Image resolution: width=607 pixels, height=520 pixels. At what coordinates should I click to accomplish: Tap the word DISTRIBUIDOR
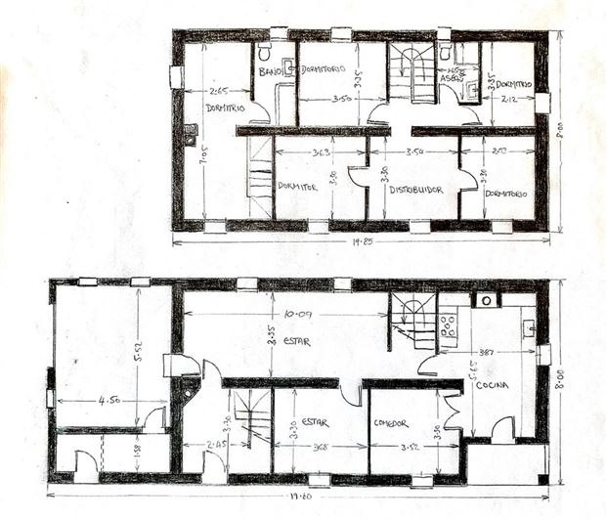pyautogui.click(x=416, y=190)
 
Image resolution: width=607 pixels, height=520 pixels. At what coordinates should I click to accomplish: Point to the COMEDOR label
pyautogui.click(x=391, y=423)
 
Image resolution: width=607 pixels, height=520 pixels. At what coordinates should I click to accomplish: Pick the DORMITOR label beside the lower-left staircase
pyautogui.click(x=294, y=185)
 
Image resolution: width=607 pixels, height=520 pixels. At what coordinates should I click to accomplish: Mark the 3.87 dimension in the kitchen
pyautogui.click(x=484, y=352)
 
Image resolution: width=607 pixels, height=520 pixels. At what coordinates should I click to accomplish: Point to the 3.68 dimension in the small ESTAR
pyautogui.click(x=316, y=449)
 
